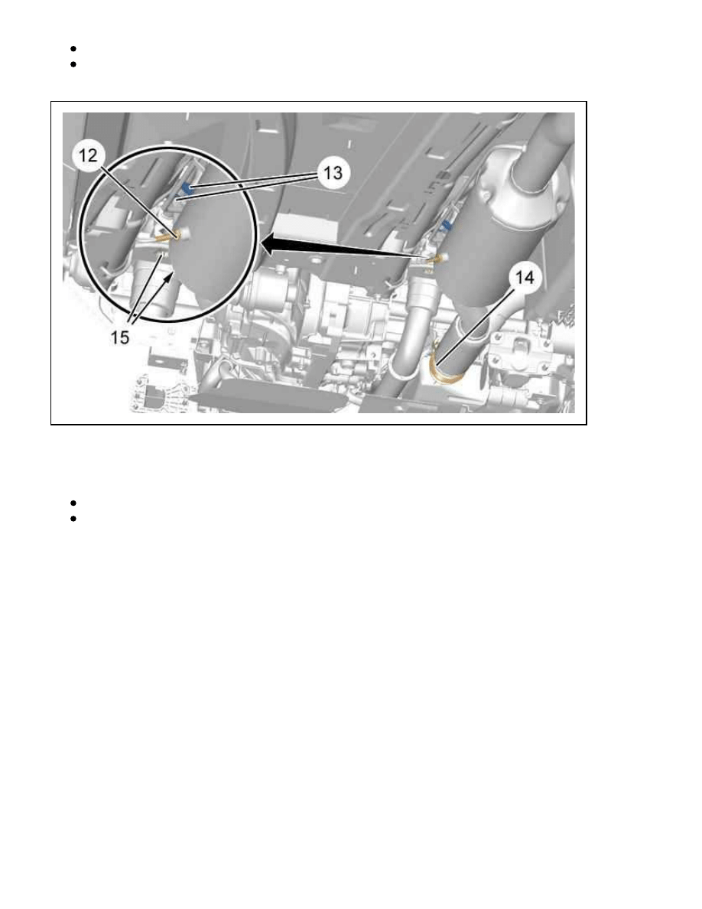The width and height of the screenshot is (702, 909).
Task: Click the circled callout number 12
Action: [x=89, y=155]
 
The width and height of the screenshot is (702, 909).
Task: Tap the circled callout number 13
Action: [x=333, y=173]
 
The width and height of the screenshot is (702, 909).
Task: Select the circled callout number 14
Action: [x=524, y=278]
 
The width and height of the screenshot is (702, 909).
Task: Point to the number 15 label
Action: [x=120, y=337]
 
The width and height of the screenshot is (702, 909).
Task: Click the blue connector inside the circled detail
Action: [x=187, y=187]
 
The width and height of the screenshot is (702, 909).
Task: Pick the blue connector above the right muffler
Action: [x=446, y=224]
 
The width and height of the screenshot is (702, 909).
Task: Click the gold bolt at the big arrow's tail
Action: [x=437, y=258]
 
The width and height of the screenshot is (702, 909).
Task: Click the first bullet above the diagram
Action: [x=73, y=49]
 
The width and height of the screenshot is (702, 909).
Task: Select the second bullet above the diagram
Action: [x=73, y=64]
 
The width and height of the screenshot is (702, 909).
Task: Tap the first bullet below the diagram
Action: [x=73, y=503]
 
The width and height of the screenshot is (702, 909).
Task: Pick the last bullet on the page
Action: [x=73, y=518]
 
